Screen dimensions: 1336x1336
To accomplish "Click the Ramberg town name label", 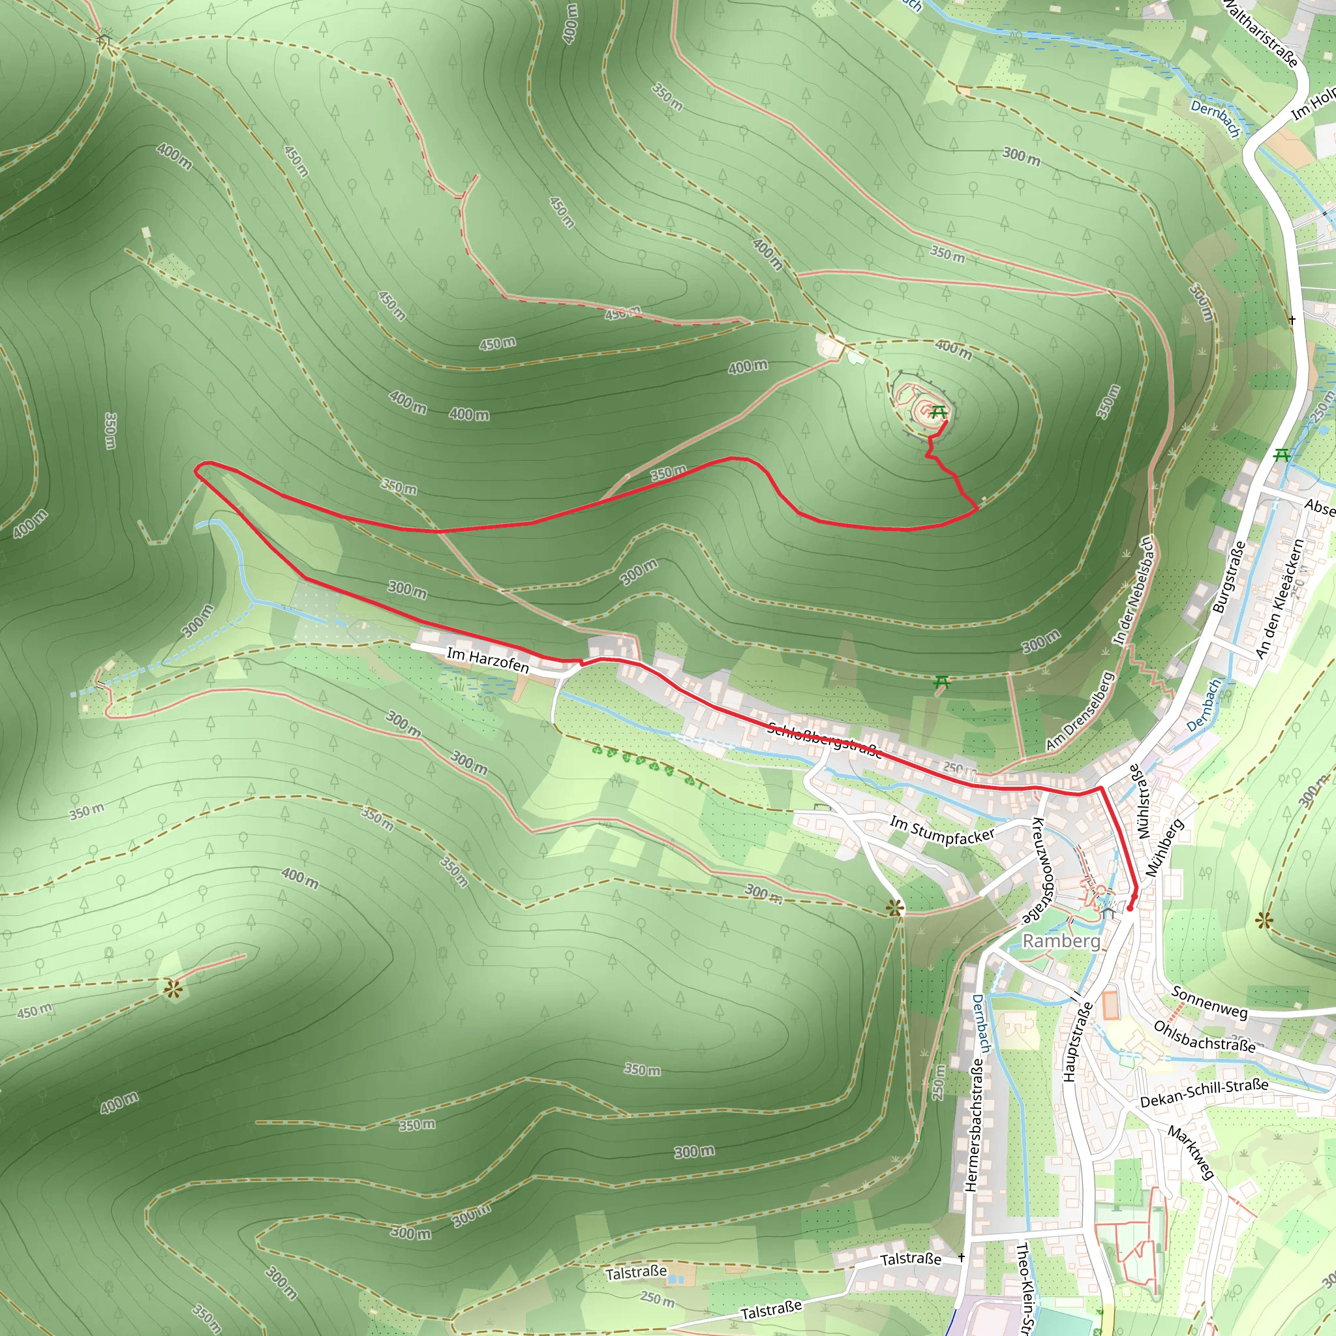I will click(1061, 941).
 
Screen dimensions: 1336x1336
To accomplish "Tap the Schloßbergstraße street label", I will click(825, 740).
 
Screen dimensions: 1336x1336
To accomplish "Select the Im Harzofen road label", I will click(487, 660).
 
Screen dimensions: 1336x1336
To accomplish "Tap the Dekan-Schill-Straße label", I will click(1204, 1093).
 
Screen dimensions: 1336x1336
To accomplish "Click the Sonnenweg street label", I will click(1209, 1003).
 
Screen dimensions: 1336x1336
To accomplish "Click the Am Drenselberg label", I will click(1079, 711).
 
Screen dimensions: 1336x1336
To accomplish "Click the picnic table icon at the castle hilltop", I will click(938, 412).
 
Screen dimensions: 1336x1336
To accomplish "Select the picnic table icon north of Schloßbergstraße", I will click(942, 683).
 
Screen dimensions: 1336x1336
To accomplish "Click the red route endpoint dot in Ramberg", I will click(1130, 908).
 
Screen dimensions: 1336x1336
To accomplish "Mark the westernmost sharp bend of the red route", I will click(197, 472).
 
